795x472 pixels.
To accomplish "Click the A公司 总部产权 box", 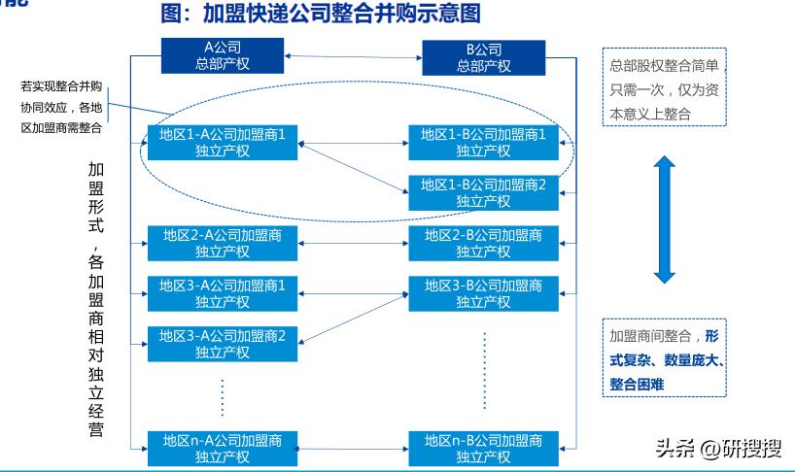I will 222,56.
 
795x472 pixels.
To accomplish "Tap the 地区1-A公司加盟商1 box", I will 224,143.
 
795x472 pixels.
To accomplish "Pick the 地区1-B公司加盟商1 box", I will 483,143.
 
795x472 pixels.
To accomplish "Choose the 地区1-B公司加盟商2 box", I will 483,192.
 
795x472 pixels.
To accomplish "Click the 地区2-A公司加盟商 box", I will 224,243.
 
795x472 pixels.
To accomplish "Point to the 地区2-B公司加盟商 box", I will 483,243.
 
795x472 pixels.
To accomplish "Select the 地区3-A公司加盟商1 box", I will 224,293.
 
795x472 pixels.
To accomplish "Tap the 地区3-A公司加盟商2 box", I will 224,344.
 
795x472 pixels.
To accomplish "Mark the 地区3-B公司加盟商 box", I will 483,293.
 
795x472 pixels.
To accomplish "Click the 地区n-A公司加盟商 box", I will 224,447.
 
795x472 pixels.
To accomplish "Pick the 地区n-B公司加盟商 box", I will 483,447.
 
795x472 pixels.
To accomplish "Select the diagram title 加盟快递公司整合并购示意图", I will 321,15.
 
